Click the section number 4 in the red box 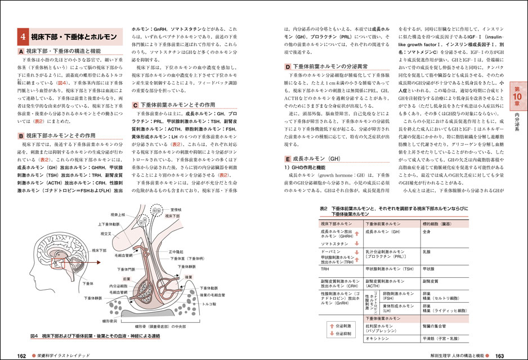23,37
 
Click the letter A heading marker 21,51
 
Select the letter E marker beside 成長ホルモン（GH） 288,159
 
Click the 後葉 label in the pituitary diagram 189,277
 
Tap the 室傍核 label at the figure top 175,209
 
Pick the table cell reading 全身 427,231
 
